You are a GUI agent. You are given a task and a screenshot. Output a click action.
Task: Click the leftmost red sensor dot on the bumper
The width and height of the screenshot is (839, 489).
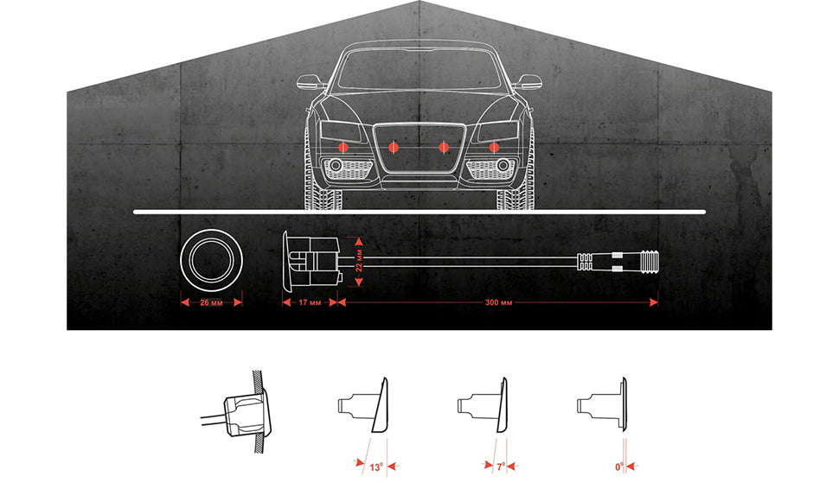tap(343, 146)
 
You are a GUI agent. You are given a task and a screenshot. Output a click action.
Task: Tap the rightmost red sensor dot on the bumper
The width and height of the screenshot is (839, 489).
tap(494, 146)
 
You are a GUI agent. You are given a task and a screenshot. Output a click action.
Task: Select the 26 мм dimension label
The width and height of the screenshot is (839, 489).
tap(211, 302)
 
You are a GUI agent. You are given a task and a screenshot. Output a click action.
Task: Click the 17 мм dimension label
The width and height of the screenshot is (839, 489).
tap(310, 302)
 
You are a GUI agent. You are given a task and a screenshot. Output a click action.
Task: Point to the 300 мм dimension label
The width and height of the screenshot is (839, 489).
tap(499, 302)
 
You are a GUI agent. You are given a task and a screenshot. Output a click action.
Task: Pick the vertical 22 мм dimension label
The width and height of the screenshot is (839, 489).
tap(359, 260)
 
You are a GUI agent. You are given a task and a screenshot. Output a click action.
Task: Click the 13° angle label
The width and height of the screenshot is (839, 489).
tap(376, 467)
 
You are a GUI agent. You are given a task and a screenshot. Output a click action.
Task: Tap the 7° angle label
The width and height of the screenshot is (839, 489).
tap(500, 467)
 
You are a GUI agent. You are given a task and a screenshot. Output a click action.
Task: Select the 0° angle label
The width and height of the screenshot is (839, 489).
tap(619, 467)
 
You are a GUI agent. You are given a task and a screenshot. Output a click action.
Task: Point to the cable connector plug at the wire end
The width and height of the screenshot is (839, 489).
tap(618, 261)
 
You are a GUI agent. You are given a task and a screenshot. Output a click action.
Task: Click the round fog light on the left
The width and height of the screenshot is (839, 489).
tap(336, 165)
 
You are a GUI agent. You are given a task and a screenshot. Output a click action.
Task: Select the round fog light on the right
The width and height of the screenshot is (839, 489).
tap(503, 165)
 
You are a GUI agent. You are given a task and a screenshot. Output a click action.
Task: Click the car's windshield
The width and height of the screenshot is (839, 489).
tap(419, 69)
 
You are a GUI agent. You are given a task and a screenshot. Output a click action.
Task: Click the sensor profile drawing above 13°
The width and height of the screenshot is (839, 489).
tap(363, 405)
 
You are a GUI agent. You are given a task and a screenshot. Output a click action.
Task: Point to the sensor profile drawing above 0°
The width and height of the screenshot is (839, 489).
tap(602, 404)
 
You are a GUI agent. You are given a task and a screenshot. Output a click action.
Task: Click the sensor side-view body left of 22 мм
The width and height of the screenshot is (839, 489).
tap(311, 262)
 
